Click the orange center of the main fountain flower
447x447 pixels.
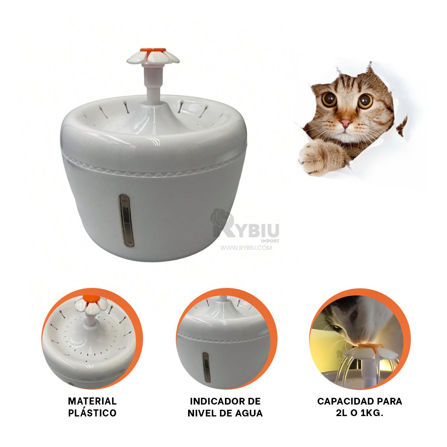153,50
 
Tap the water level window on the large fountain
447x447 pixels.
126,221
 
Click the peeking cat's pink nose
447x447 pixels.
345,123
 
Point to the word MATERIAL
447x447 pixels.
92,401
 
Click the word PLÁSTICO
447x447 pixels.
92,413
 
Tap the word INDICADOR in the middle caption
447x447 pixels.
215,401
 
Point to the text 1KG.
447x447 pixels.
372,413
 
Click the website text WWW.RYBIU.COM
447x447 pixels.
246,248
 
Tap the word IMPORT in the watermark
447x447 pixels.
270,241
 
